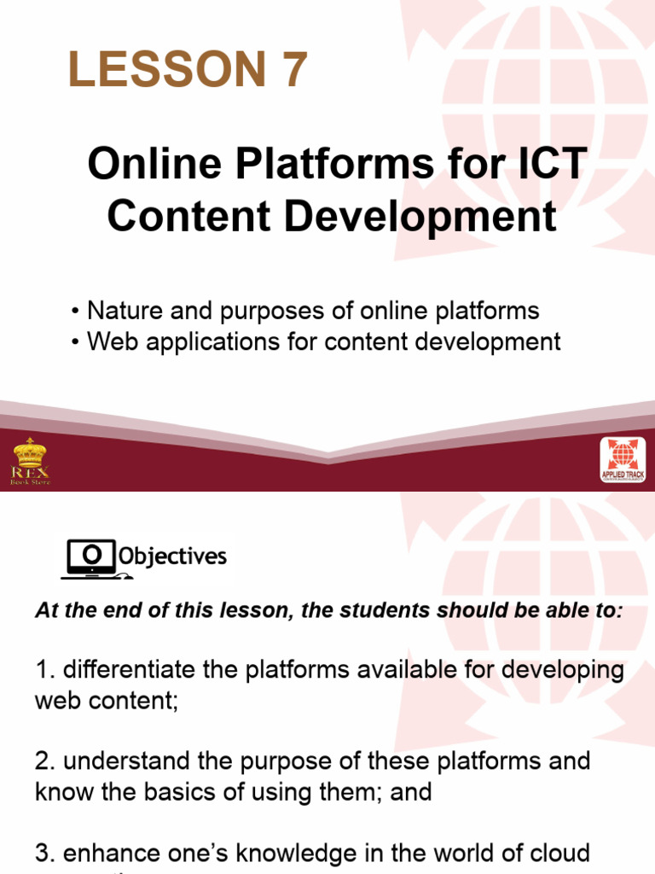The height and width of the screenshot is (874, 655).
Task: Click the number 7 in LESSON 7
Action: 290,69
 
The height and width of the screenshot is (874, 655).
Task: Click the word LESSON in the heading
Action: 164,69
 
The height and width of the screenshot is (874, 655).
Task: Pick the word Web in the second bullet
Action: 109,341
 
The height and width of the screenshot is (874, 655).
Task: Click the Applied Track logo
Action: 623,461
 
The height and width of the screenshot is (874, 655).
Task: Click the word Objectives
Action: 173,557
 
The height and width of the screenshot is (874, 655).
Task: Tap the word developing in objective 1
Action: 564,670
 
